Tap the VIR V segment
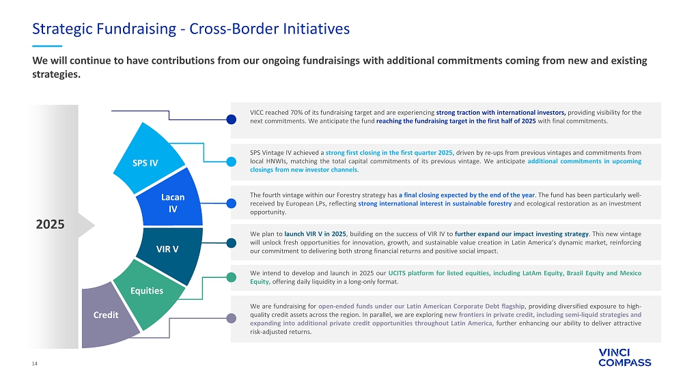pyautogui.click(x=167, y=249)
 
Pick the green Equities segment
pyautogui.click(x=147, y=290)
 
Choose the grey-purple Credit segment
pyautogui.click(x=106, y=315)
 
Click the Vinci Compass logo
pyautogui.click(x=624, y=357)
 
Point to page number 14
pyautogui.click(x=35, y=363)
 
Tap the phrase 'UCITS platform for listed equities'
pyautogui.click(x=446, y=273)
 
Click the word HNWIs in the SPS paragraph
pyautogui.click(x=283, y=161)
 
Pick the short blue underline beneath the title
pyautogui.click(x=42, y=46)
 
